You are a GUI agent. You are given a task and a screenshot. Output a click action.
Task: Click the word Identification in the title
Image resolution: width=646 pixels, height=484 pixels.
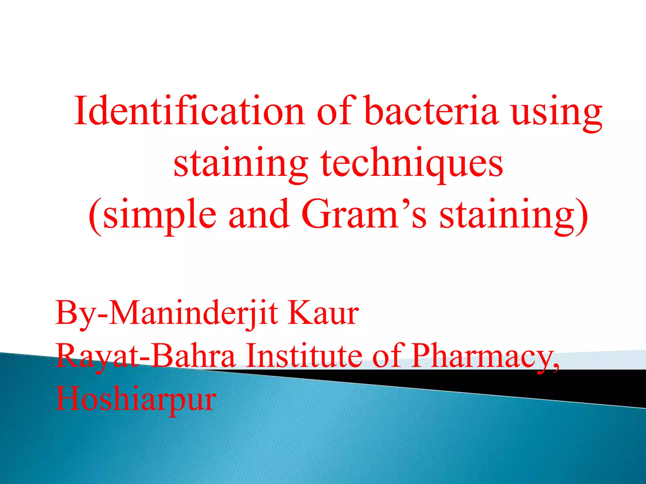tap(189, 111)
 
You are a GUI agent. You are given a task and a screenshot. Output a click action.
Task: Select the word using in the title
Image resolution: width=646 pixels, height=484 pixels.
tap(556, 113)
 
